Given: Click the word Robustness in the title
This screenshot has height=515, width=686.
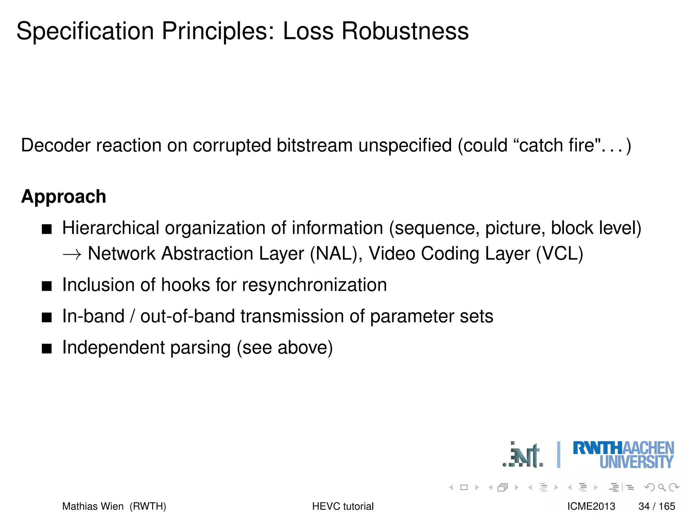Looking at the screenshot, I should (405, 31).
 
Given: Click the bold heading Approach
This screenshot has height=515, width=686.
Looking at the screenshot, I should (64, 196).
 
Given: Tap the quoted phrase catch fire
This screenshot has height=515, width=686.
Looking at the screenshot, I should (557, 146).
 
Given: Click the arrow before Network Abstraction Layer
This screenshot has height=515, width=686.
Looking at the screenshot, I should (72, 255).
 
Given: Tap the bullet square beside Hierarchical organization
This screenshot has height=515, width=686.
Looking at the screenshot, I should (47, 229).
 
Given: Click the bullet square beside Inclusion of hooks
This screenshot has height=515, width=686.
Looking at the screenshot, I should (47, 286).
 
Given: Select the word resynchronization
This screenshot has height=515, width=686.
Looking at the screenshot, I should (314, 285).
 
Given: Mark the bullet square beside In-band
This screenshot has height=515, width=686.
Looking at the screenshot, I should (47, 317).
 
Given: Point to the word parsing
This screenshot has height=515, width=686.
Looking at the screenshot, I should (200, 348).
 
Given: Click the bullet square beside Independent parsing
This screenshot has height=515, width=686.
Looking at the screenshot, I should (47, 349).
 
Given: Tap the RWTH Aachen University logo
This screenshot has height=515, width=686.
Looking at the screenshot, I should (623, 455).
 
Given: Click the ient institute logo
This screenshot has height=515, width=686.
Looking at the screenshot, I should (523, 455).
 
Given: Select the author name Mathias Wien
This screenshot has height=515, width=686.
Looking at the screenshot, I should (93, 506).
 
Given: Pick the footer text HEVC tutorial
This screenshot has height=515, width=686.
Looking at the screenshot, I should (343, 506).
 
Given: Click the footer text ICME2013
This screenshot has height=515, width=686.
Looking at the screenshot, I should (591, 506).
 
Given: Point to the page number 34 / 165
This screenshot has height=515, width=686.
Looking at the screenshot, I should (657, 506).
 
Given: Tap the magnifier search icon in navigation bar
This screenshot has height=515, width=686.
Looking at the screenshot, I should (662, 488).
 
